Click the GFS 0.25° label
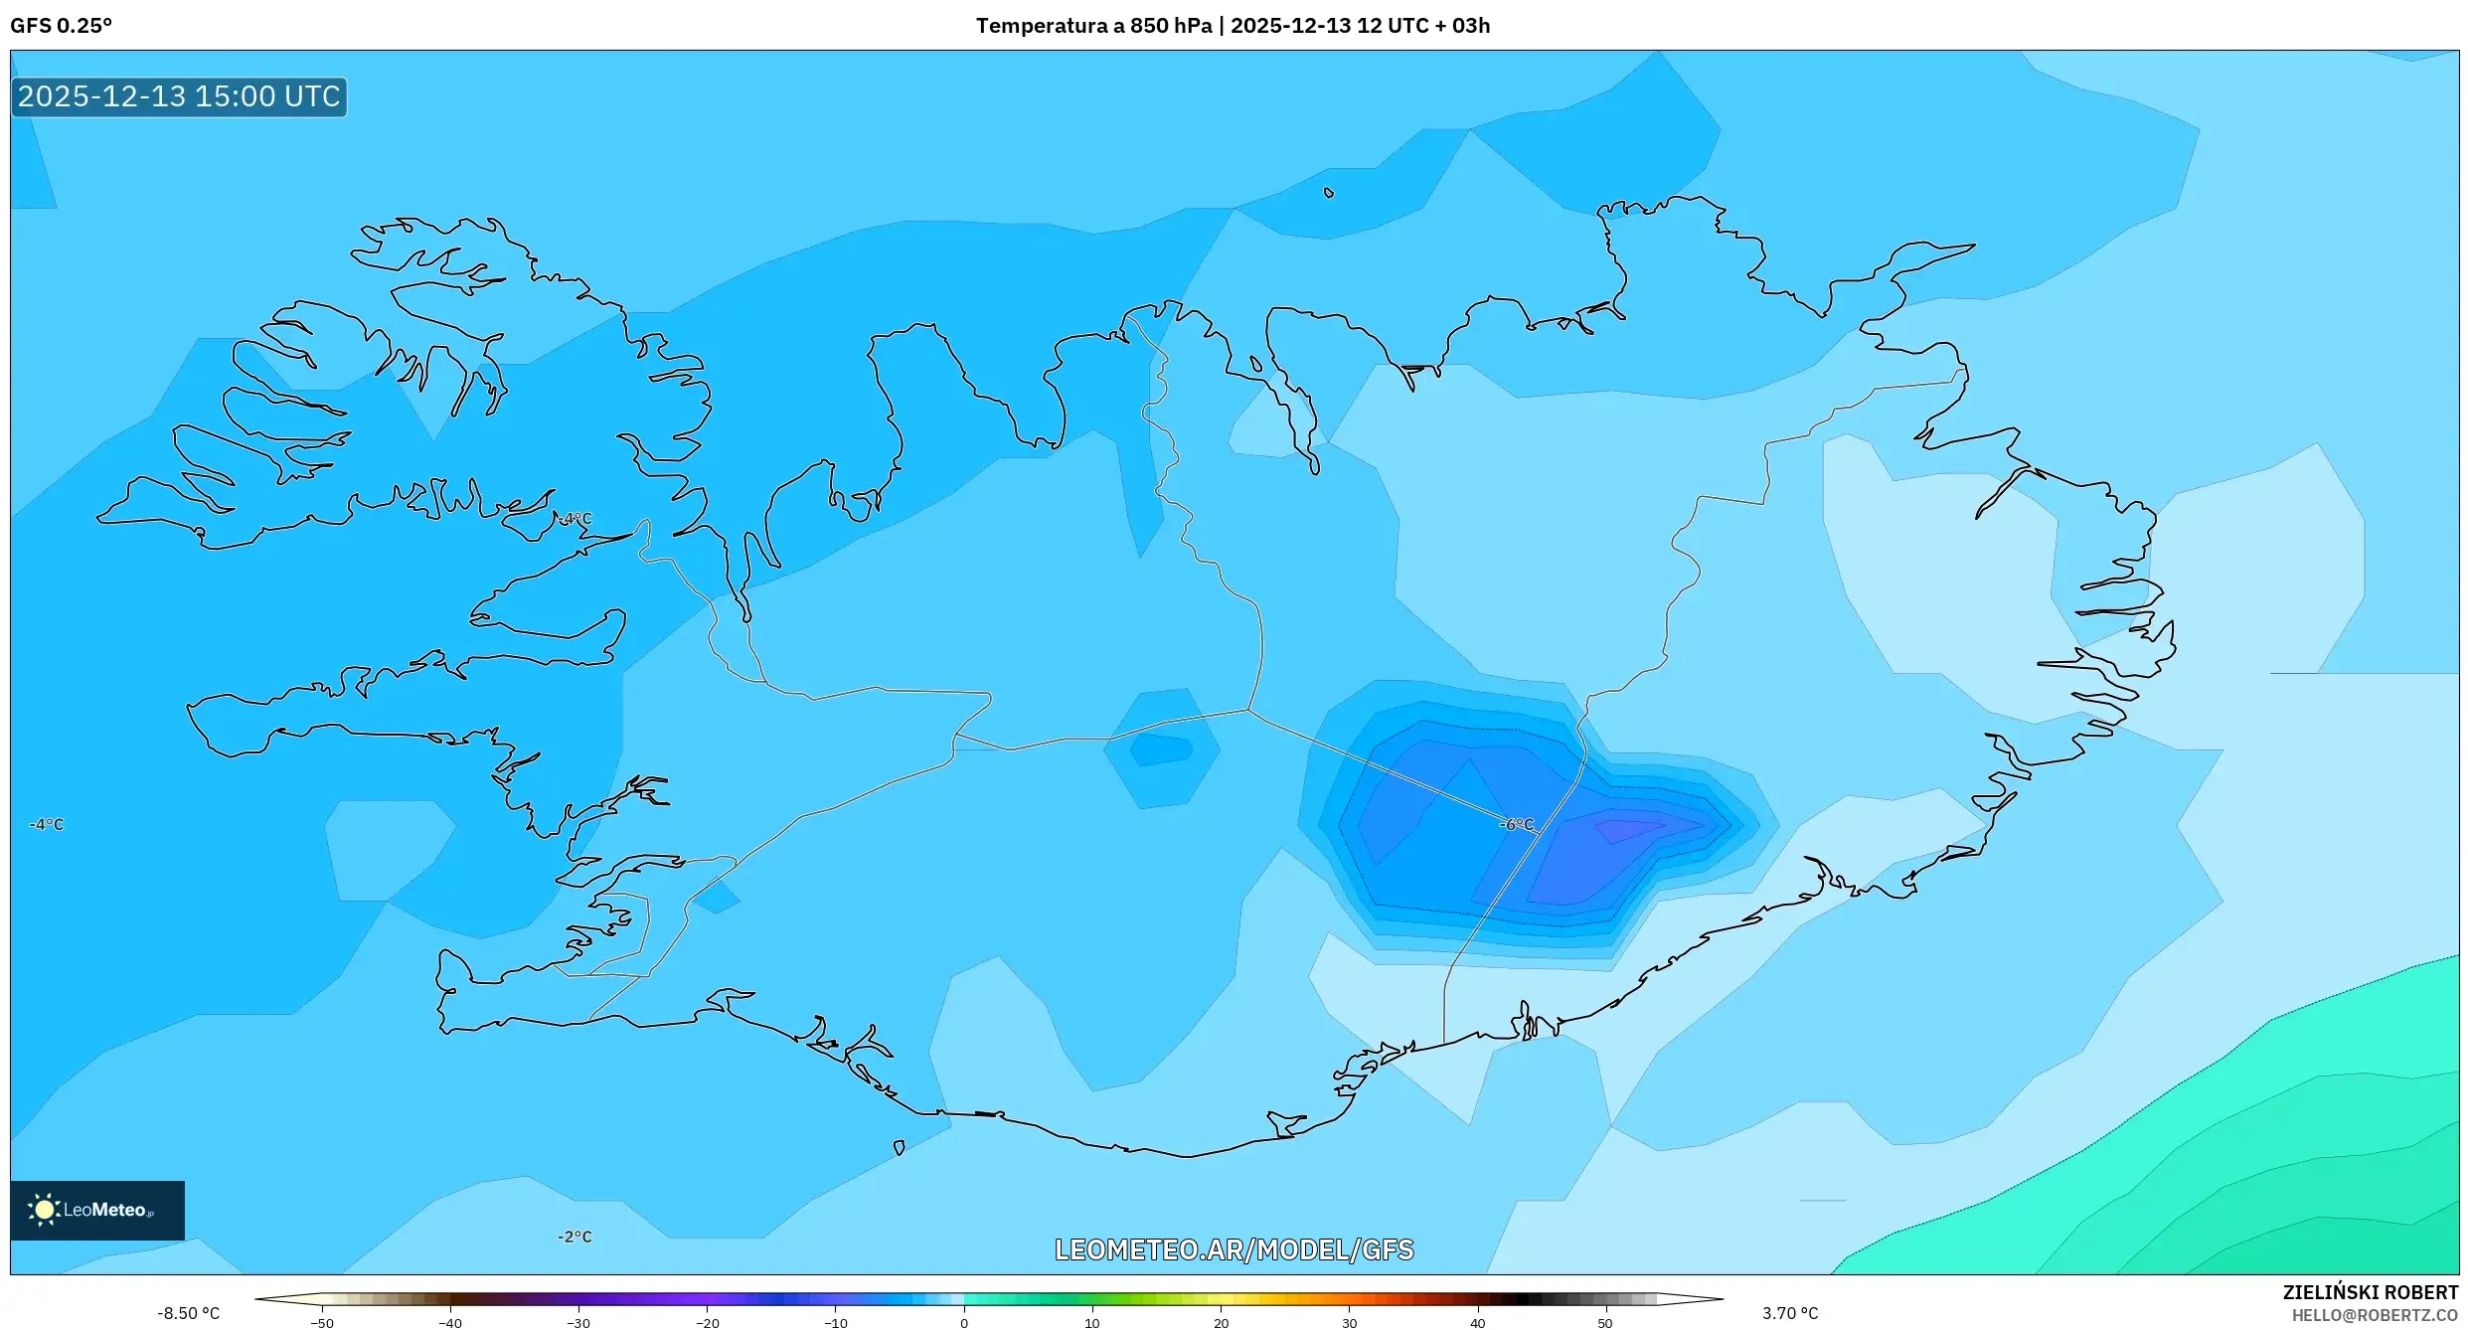[61, 26]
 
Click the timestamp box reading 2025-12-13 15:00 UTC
[179, 96]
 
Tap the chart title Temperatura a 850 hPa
[1093, 26]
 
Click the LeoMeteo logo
[96, 1210]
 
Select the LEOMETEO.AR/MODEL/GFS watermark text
[1234, 1249]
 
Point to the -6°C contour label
[1517, 824]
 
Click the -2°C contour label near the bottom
[575, 1237]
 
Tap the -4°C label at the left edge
[46, 824]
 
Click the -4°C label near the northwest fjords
[575, 519]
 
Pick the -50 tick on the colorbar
[322, 1322]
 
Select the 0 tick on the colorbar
[963, 1322]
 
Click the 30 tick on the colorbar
[1349, 1322]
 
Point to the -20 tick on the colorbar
[707, 1322]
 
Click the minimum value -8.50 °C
[188, 1313]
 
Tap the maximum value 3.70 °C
[1790, 1313]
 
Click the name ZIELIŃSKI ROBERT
[2370, 1292]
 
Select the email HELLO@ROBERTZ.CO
[2374, 1315]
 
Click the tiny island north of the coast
[1329, 193]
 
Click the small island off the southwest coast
[899, 1148]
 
